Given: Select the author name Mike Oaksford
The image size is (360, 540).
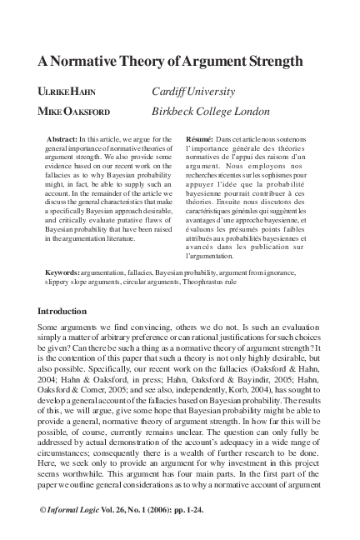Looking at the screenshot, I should click(x=77, y=111).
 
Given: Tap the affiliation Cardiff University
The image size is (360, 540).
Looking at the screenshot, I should click(x=193, y=91).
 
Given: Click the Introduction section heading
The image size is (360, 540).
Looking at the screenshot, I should click(x=72, y=311).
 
